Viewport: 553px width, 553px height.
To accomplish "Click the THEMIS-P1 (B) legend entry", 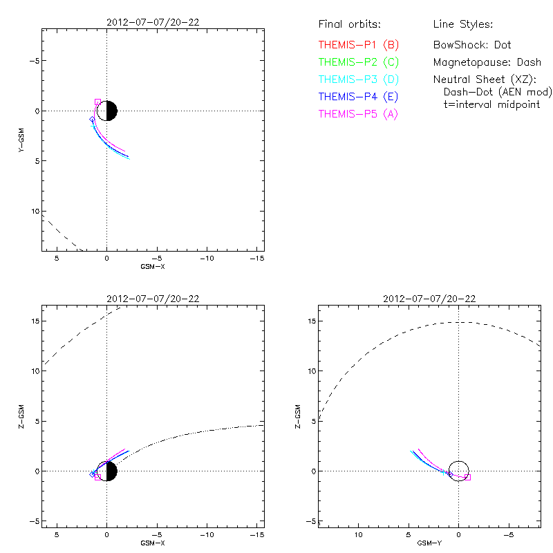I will [359, 45].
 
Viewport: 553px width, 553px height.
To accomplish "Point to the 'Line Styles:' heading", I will [462, 24].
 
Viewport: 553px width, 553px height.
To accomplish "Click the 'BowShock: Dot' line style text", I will [472, 45].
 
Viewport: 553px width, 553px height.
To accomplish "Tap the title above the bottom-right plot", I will [429, 299].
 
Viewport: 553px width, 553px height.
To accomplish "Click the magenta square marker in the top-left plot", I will [97, 102].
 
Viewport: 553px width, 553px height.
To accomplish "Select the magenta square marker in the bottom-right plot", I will [467, 477].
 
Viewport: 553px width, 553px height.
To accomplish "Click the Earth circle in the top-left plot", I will [107, 111].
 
